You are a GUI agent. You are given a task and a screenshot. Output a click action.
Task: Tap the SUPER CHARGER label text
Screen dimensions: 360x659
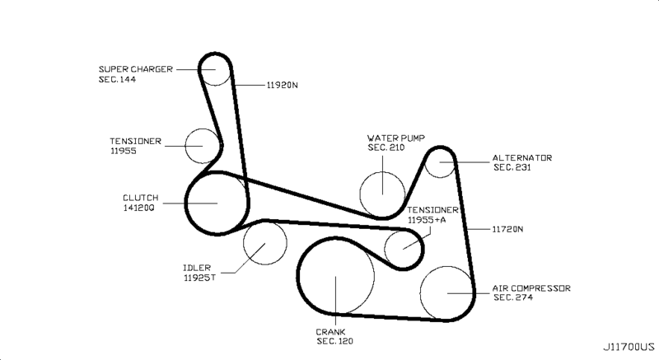click(x=135, y=69)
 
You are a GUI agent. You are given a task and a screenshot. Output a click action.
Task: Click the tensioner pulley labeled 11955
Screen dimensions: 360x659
click(x=202, y=146)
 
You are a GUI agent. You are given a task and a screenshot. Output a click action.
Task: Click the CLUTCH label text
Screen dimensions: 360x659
click(x=140, y=198)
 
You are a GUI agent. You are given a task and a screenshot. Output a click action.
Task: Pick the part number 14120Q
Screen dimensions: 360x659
click(x=138, y=208)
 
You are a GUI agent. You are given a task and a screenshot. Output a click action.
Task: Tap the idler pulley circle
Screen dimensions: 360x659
click(x=264, y=243)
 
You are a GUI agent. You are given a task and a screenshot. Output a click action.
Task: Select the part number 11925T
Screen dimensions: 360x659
click(x=199, y=278)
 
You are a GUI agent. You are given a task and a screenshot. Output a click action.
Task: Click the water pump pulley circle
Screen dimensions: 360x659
click(x=383, y=191)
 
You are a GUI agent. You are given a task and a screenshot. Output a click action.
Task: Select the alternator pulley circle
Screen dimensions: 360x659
click(x=442, y=162)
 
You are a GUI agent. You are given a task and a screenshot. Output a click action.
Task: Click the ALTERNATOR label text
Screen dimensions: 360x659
click(x=522, y=157)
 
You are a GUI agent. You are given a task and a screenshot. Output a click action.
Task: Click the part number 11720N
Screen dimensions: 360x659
click(x=508, y=228)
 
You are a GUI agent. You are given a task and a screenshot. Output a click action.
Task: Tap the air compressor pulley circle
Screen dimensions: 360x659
click(x=447, y=292)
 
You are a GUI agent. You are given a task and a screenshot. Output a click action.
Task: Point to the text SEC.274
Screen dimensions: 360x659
click(x=513, y=297)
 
